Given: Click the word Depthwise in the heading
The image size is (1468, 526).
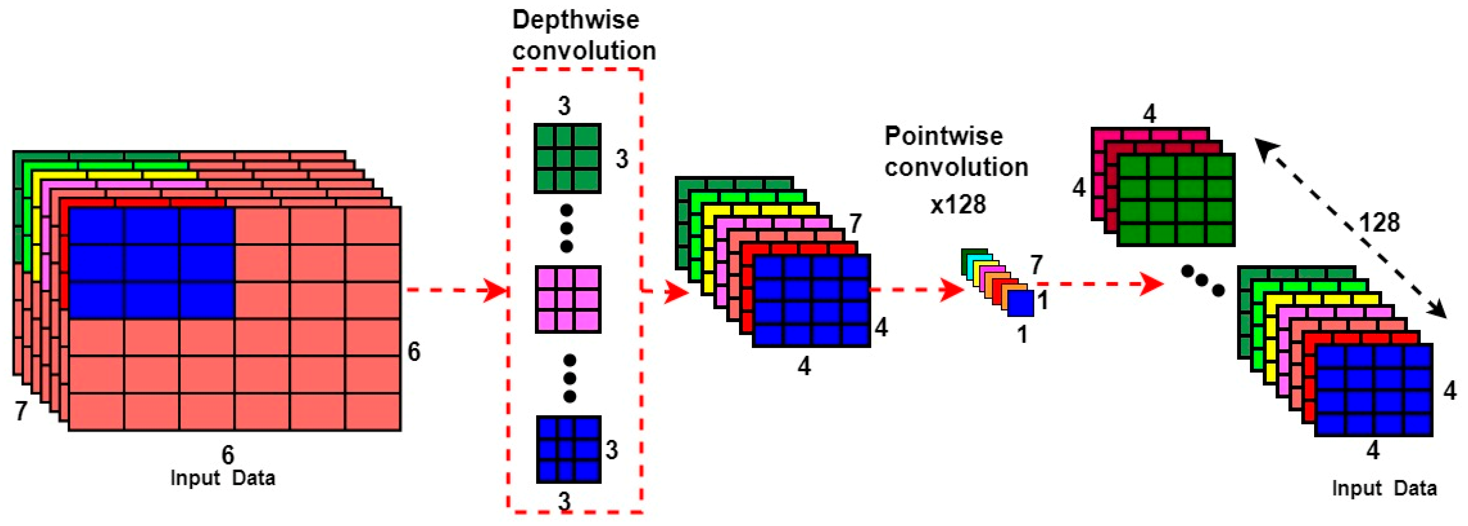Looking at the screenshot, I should pos(576,20).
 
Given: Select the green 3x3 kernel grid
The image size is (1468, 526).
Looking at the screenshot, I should pos(567,158).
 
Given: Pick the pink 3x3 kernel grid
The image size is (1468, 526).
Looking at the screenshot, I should pos(568,299).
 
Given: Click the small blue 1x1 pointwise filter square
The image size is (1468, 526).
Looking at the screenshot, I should pos(1020,303).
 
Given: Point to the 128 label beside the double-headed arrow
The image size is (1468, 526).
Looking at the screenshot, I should pos(1379,222).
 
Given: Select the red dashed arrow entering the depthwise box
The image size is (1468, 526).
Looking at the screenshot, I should pos(456,291).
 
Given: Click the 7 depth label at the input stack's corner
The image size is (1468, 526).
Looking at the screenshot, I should pos(21,410).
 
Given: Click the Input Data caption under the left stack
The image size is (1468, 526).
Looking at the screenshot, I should pos(223,478).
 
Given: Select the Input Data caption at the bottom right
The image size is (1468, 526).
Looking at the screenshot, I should pos(1383,489).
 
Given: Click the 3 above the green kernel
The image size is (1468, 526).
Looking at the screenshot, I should pos(564,106).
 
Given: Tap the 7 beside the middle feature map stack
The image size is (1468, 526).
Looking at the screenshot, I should pos(855,223).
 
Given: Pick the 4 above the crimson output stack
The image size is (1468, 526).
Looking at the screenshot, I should pos(1150,114).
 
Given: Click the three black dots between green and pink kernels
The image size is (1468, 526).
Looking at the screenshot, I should pos(566,229).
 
